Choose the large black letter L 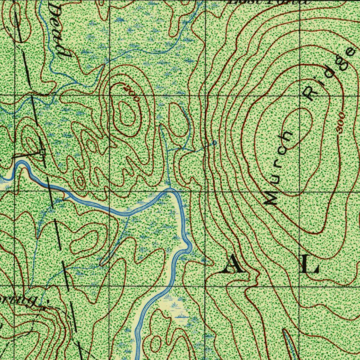click(x=310, y=264)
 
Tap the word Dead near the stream click(x=59, y=30)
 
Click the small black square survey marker click(x=42, y=152)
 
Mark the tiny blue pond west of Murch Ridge click(x=213, y=143)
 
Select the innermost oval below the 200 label click(x=127, y=113)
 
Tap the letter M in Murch click(x=271, y=199)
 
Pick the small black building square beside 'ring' click(x=43, y=308)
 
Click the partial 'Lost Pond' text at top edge click(x=269, y=2)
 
